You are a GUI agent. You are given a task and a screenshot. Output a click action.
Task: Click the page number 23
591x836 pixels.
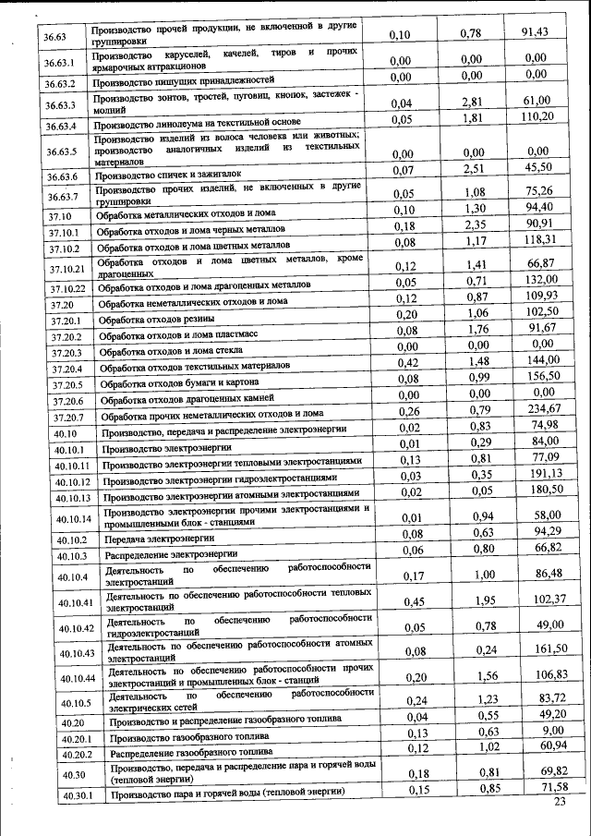pyautogui.click(x=559, y=801)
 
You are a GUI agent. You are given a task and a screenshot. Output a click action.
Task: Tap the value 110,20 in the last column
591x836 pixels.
pyautogui.click(x=537, y=116)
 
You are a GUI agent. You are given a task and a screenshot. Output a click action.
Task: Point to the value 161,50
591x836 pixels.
pyautogui.click(x=544, y=648)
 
